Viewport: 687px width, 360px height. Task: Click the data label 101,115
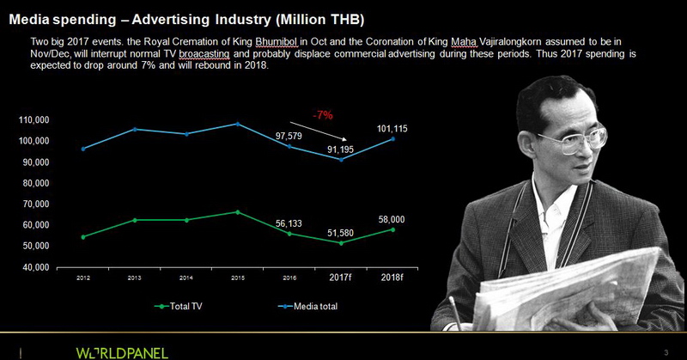click(x=392, y=129)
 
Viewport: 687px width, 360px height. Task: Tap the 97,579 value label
click(x=290, y=136)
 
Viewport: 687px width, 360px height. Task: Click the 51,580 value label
click(x=342, y=232)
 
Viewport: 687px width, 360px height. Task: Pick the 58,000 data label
click(x=392, y=219)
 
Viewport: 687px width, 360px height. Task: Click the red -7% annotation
click(x=322, y=113)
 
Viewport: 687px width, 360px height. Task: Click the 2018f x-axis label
click(x=392, y=278)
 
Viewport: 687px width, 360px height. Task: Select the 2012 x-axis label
click(x=83, y=278)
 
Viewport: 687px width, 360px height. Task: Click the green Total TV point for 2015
click(x=238, y=211)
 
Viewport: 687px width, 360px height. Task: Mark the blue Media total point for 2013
click(x=135, y=129)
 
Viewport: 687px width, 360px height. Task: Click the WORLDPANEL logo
click(x=119, y=352)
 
